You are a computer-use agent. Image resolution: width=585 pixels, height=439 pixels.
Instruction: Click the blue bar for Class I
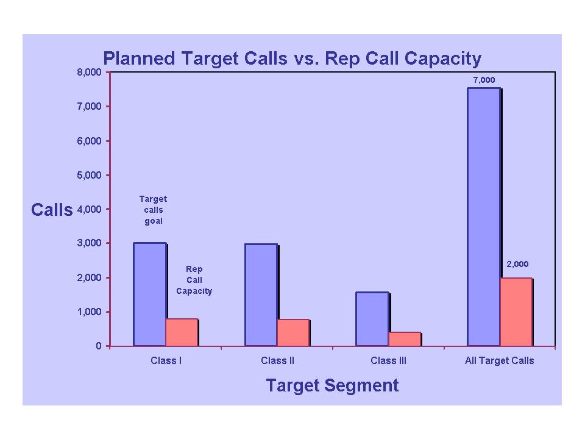tap(150, 294)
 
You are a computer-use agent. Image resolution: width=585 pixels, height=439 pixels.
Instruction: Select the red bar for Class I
tap(182, 332)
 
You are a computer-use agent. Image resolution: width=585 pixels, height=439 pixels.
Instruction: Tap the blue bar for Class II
tap(261, 295)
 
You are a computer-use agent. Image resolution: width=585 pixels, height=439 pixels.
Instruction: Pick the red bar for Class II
tap(293, 333)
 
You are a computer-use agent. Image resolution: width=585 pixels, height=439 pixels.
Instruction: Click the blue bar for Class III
tap(372, 319)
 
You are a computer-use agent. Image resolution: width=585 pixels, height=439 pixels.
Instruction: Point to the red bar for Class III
tap(405, 339)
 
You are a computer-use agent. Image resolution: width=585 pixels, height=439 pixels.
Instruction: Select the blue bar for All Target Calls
tap(484, 217)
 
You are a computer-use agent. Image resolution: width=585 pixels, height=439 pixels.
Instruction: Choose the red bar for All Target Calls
tap(516, 312)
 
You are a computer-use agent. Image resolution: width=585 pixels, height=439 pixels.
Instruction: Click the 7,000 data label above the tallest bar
tap(484, 80)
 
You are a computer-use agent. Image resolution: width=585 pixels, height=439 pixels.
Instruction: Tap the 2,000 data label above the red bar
tap(517, 264)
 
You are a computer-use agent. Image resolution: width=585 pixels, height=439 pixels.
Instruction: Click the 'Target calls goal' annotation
tap(154, 210)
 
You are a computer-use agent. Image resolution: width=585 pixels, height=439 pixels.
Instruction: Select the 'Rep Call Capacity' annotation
tap(194, 280)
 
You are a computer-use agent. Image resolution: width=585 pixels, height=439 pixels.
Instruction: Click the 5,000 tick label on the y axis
tap(89, 175)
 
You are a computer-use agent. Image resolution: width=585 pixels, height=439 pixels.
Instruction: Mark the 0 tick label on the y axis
tap(99, 346)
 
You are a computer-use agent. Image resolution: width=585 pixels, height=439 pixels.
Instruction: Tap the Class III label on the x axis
tap(388, 360)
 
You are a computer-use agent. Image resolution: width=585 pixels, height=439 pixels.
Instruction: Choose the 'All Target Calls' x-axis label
tap(499, 360)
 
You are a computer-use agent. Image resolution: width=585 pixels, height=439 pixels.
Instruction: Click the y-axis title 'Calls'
tap(52, 210)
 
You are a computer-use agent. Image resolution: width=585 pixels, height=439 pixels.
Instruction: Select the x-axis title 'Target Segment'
tap(332, 385)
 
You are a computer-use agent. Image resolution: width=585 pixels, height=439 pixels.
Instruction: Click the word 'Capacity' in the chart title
tap(443, 59)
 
